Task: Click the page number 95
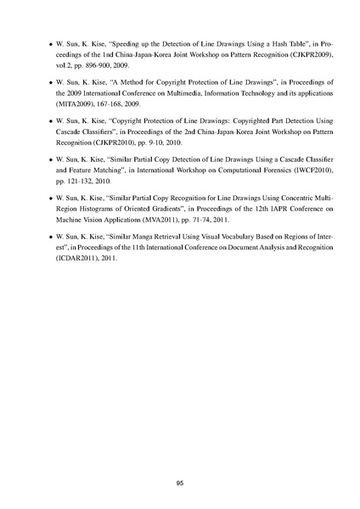[x=180, y=459]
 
